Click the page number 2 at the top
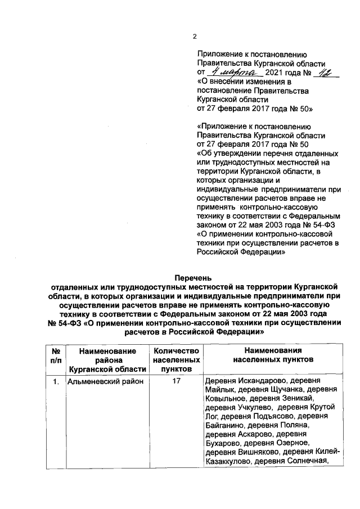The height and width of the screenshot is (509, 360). tap(195, 37)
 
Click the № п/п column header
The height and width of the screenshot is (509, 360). tap(56, 359)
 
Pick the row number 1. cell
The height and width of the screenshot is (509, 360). tap(56, 382)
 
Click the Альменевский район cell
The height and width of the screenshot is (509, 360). tap(105, 382)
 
